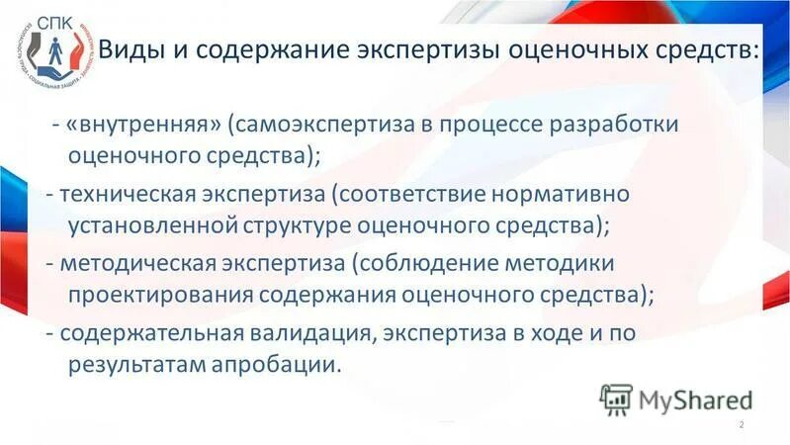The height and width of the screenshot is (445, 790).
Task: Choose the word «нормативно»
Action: click(x=574, y=191)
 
